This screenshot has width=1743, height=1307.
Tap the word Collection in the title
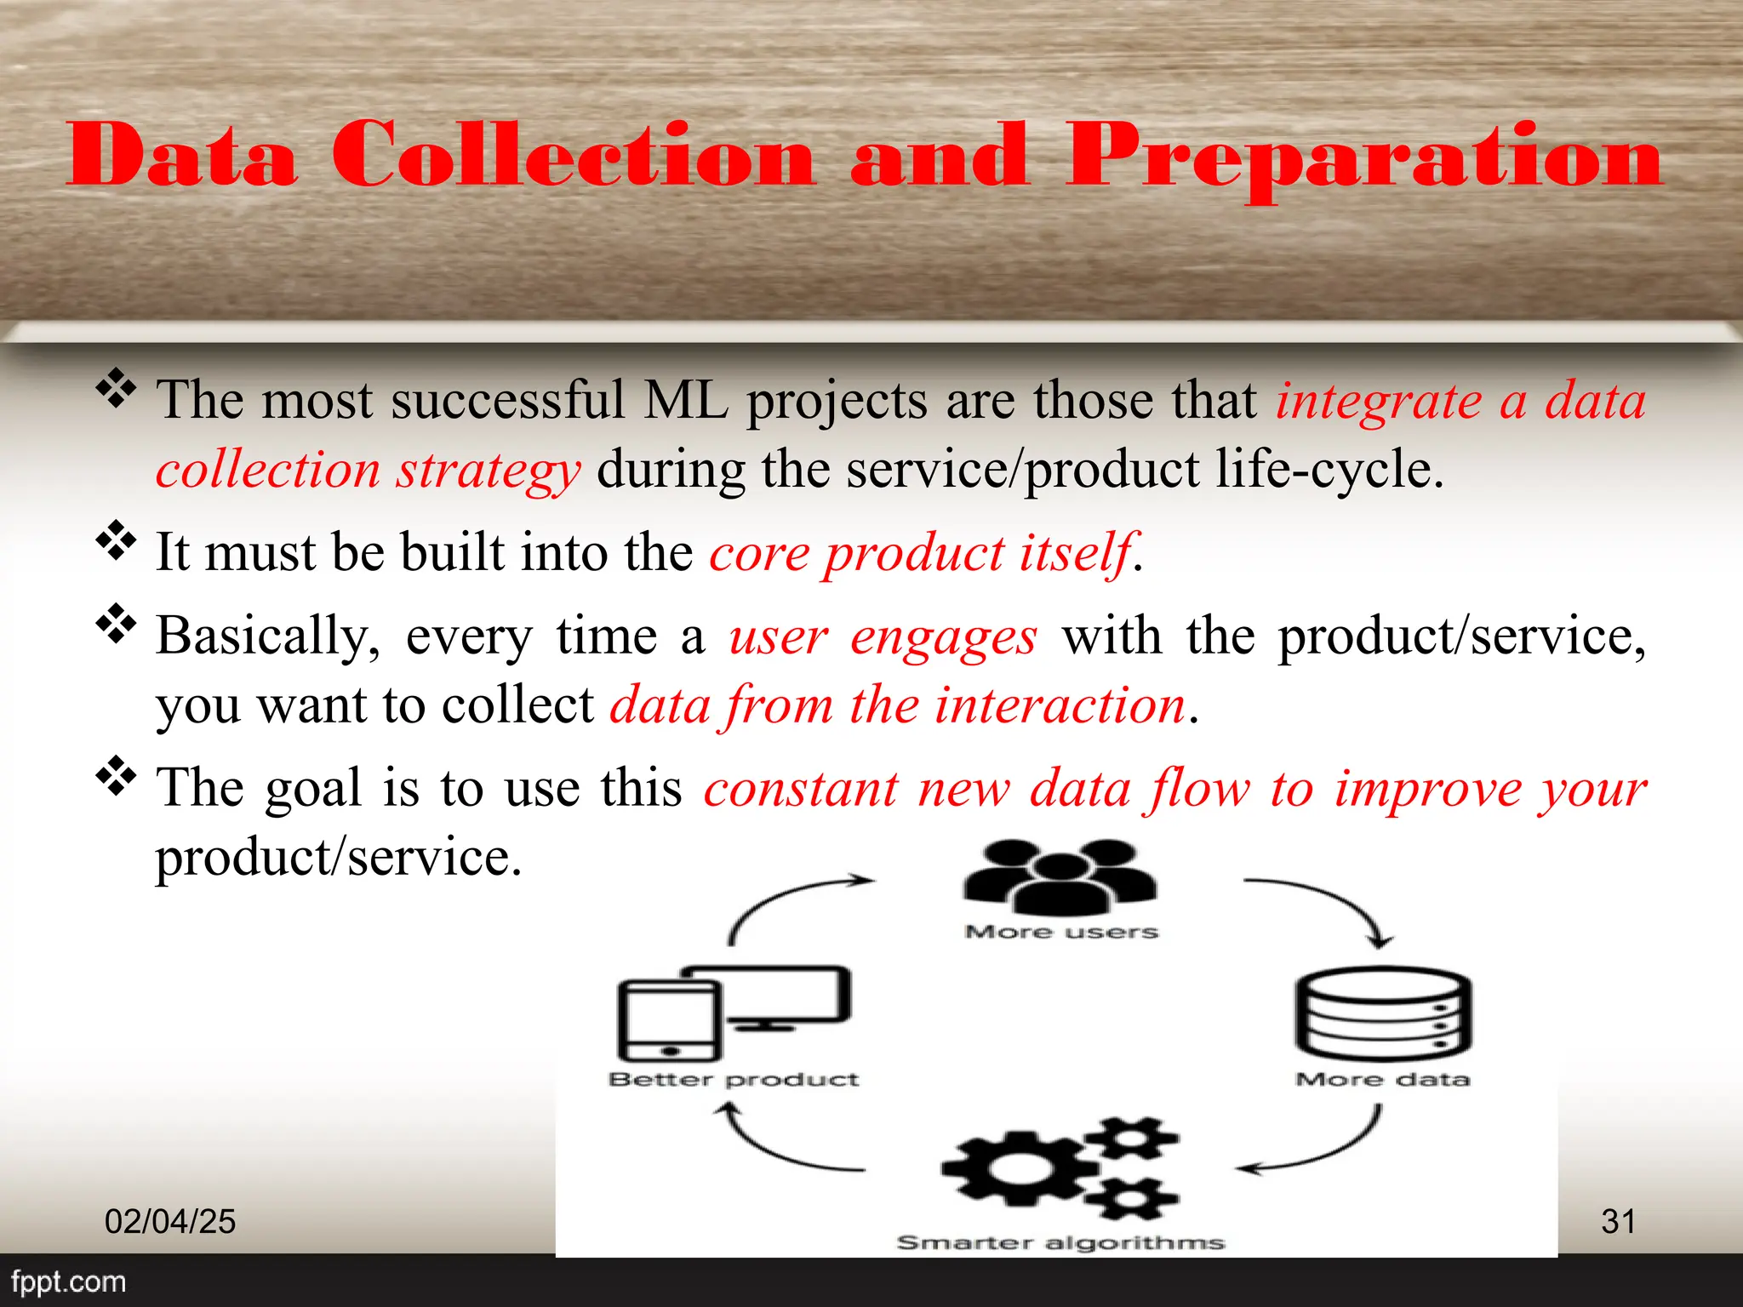coord(573,155)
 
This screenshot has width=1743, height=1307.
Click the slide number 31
coord(1618,1222)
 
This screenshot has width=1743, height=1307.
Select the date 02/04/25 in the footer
coord(170,1222)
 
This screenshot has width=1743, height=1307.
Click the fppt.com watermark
coord(68,1281)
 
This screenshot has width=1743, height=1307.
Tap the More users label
coord(1061,932)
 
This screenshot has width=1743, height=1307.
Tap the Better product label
coord(734,1079)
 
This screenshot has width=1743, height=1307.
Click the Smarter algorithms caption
coord(1060,1242)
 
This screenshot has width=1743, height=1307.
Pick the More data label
coord(1383,1079)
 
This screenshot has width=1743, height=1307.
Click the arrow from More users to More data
coord(1336,902)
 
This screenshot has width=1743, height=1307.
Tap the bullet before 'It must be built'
coord(116,541)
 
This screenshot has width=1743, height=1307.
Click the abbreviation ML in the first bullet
coord(686,400)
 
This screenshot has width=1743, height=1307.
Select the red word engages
coord(943,636)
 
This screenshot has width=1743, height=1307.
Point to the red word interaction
coord(1060,705)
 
